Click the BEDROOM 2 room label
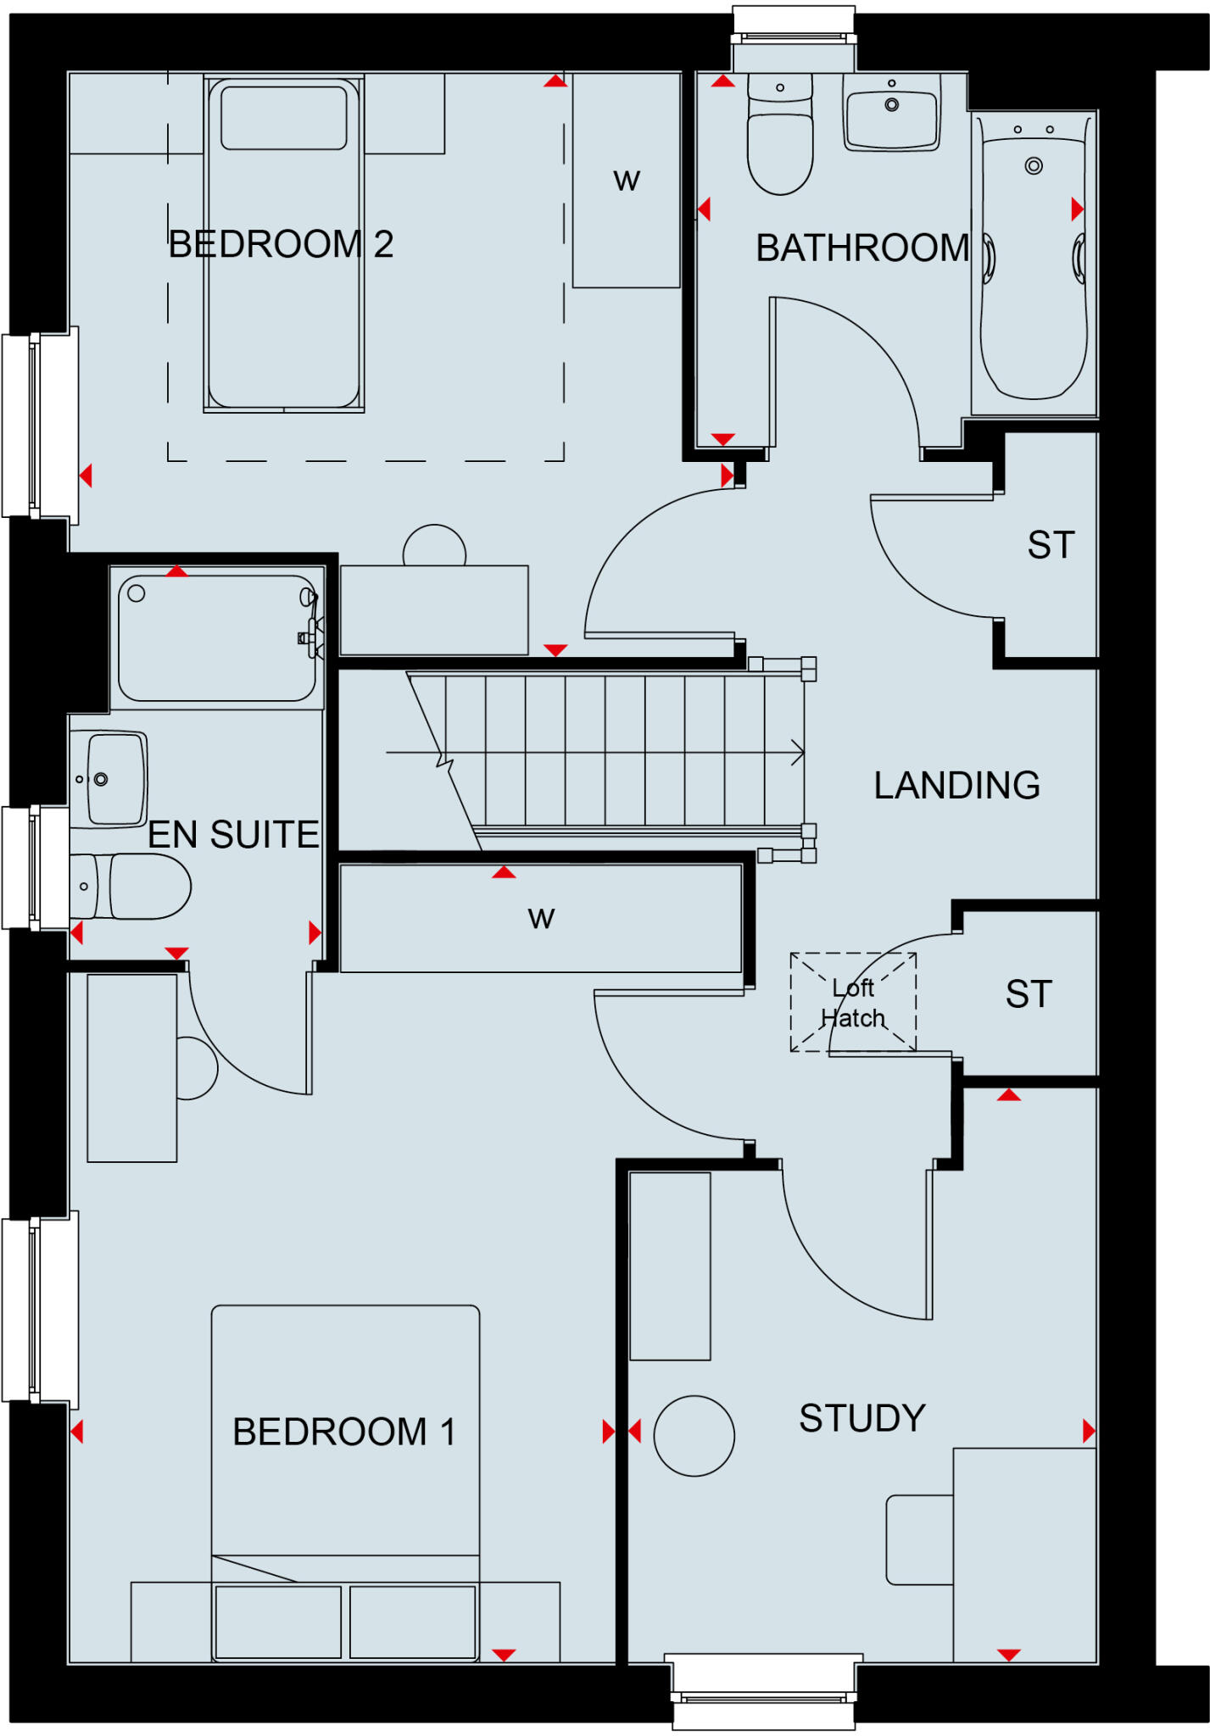tap(281, 244)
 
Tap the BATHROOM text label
tap(861, 248)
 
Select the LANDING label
tap(956, 786)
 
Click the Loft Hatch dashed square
tap(853, 1002)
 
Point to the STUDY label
tap(861, 1419)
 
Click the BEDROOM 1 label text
tap(344, 1433)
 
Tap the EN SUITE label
tap(233, 835)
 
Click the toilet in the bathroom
tap(780, 136)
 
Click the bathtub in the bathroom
tap(1034, 263)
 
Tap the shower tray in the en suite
tap(216, 637)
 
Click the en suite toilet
tap(136, 887)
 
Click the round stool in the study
tap(694, 1436)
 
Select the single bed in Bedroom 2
tap(284, 246)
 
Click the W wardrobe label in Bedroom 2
tap(627, 181)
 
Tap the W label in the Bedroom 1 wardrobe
tap(541, 918)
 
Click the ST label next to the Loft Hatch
tap(1029, 994)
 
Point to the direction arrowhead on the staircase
tap(797, 752)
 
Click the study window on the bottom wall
tap(763, 1689)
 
